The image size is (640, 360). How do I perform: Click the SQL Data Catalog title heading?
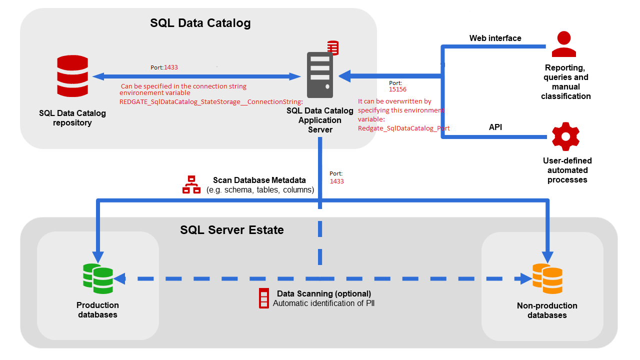[x=200, y=23]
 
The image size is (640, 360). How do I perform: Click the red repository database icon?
[x=72, y=76]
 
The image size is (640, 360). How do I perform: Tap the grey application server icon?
[x=319, y=75]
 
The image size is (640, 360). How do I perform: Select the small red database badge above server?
[x=332, y=47]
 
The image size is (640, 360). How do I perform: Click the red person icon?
[x=564, y=44]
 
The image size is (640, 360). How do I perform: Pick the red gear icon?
[x=565, y=136]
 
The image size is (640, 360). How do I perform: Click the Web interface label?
[x=495, y=38]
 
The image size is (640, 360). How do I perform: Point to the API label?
[x=495, y=127]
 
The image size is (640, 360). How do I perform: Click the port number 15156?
[x=397, y=89]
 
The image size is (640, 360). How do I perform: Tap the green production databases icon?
[x=98, y=278]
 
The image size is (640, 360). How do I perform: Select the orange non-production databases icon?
[x=547, y=278]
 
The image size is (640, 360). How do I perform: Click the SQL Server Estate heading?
[x=231, y=230]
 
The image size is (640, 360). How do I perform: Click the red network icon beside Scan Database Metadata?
[x=190, y=184]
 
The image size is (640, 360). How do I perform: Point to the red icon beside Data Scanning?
[x=263, y=298]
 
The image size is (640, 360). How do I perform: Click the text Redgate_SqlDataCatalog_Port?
[x=403, y=128]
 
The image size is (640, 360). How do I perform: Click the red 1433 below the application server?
[x=336, y=181]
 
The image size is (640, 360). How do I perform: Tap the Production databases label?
[x=97, y=309]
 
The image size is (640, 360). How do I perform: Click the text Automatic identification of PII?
[x=323, y=303]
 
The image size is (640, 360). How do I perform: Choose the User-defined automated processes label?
[x=567, y=170]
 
